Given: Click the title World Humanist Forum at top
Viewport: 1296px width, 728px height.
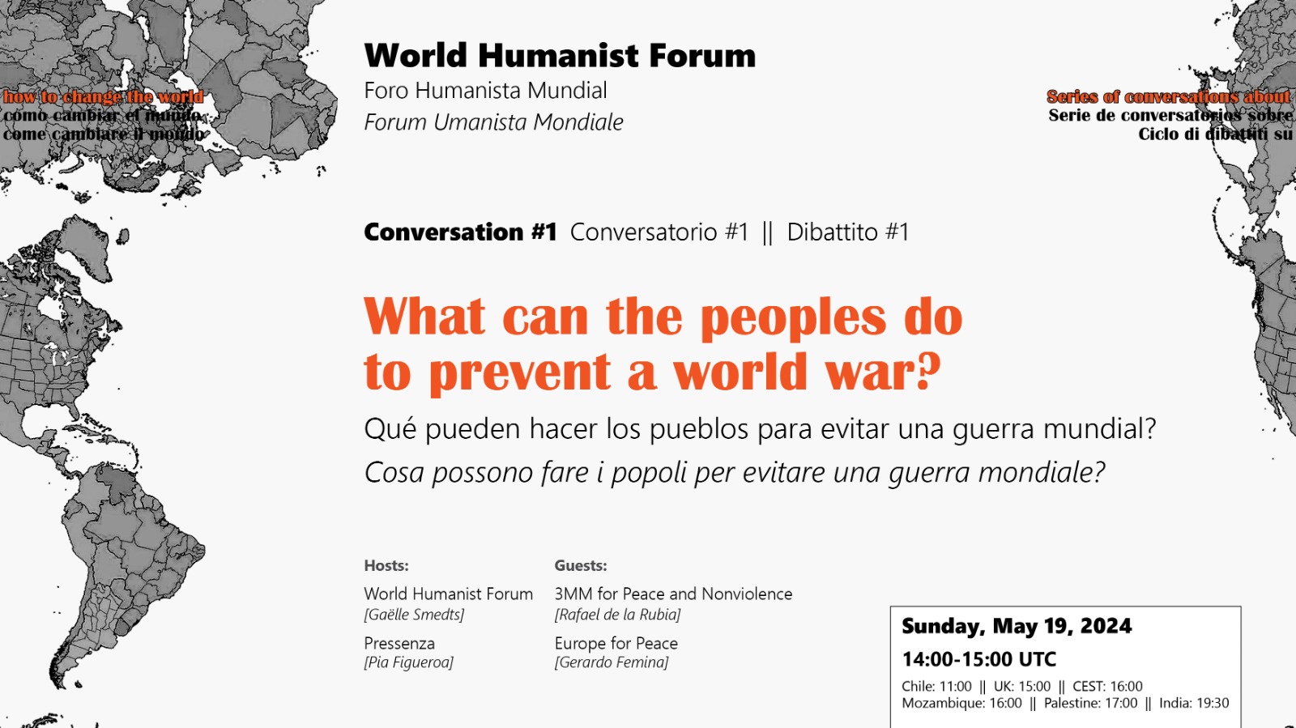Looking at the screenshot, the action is (560, 56).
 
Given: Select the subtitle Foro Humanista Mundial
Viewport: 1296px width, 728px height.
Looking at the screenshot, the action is (485, 91).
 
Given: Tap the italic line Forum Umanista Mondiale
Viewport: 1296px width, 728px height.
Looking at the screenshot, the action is (493, 122).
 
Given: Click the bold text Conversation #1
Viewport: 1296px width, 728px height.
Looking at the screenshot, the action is (461, 232).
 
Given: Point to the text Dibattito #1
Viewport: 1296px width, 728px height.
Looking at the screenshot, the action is (847, 232).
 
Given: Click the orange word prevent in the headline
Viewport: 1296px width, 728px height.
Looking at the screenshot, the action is (519, 371).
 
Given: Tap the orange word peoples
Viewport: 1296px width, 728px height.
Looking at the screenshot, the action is (792, 317).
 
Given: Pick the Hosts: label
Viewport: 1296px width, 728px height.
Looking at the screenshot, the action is (386, 565).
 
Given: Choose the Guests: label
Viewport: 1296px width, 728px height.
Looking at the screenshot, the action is (580, 565).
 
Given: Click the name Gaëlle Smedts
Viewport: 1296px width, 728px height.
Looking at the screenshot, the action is (414, 614).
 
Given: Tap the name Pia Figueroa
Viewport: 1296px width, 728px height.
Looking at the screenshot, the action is (409, 662).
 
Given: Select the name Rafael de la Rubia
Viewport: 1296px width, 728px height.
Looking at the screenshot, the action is (617, 614).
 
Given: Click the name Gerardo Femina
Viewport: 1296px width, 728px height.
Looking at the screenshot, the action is (612, 662).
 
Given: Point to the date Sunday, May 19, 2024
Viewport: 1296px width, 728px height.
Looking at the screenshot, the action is (1017, 626).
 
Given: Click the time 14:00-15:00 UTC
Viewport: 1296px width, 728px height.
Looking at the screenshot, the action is (979, 659).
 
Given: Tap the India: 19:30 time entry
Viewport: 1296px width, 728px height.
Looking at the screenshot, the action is (1194, 703).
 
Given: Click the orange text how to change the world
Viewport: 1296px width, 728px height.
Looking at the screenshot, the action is (104, 96).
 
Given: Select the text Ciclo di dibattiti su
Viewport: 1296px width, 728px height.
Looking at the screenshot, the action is (1215, 134).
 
